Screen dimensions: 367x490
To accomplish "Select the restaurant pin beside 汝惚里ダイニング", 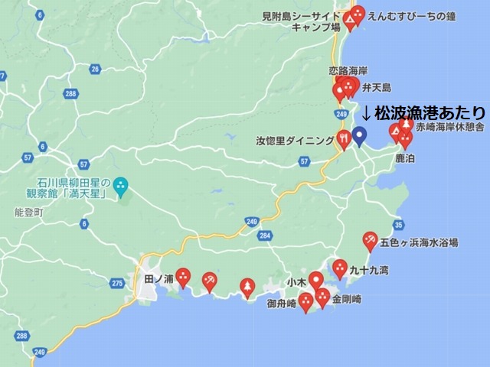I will click(x=344, y=138).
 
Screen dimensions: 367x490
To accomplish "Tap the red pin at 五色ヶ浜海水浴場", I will click(x=370, y=241).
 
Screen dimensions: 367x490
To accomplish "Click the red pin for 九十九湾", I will click(x=340, y=268).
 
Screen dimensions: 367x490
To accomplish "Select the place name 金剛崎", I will click(x=348, y=298).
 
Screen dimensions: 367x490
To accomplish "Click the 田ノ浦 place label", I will click(x=158, y=280).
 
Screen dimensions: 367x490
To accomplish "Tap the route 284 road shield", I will click(x=265, y=235).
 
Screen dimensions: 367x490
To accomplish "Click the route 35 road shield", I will click(x=398, y=224).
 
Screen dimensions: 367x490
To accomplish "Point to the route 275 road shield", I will click(x=116, y=283).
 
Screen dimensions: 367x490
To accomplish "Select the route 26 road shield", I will click(x=95, y=69).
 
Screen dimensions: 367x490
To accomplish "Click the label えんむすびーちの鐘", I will click(x=411, y=15).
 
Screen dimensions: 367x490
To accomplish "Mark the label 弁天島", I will click(x=377, y=87).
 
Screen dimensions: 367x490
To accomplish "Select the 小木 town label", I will click(x=297, y=282).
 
